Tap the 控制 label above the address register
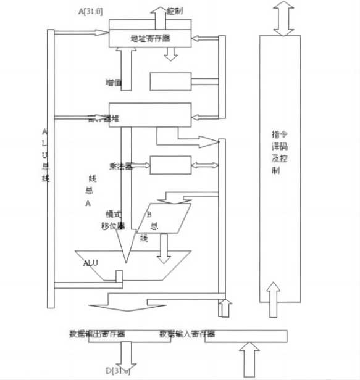[174, 11]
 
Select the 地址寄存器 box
[150, 38]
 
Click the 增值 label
[114, 81]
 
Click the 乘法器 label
[120, 165]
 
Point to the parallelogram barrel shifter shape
[163, 218]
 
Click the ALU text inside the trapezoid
[91, 262]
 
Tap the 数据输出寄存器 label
[97, 334]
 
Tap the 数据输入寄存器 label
[187, 334]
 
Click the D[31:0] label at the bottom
[118, 370]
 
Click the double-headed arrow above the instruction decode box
[282, 18]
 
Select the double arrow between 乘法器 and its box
[141, 165]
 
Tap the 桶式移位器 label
[114, 219]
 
